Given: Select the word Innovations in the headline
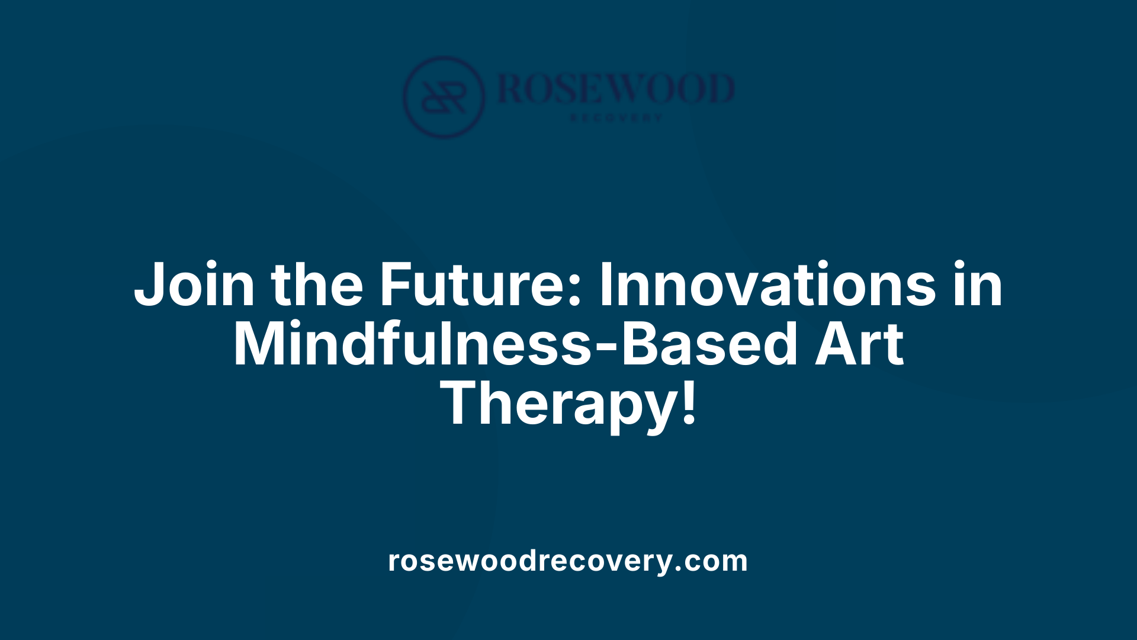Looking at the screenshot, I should pos(767,285).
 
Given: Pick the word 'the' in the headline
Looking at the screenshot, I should pos(317,285).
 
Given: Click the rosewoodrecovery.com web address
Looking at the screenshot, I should pos(568,561).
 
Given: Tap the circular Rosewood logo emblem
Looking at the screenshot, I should pos(444,97).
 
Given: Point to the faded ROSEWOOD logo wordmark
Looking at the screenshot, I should pos(616,89).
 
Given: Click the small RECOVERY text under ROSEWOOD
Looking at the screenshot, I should pos(616,118).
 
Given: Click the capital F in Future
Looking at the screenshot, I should pos(396,285).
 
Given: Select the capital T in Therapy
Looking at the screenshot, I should pos(464,403).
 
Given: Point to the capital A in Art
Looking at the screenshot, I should pos(836,345).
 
